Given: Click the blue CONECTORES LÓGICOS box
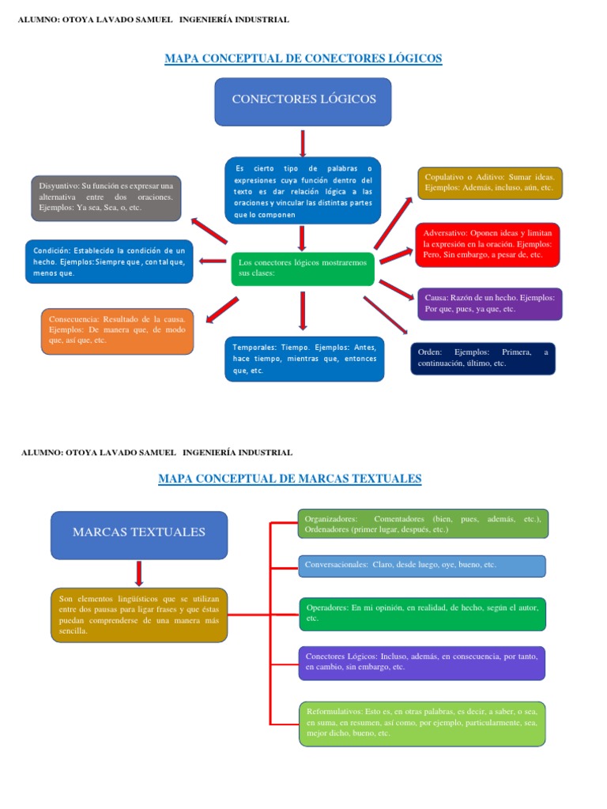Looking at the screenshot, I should (303, 101).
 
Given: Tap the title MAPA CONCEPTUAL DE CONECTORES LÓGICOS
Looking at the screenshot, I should (303, 58).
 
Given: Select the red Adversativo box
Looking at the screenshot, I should (487, 245).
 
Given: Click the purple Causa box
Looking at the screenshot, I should (488, 303).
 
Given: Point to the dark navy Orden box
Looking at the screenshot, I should (482, 358).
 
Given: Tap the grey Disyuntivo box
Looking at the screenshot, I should (107, 198).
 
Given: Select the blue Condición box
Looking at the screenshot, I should (109, 262).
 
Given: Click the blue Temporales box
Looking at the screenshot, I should (304, 359).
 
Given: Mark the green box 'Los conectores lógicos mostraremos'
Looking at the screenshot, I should (303, 269).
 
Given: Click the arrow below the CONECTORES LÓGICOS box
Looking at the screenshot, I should (303, 143).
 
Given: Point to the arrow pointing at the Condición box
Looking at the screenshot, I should (213, 262).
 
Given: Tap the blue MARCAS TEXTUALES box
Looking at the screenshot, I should (139, 534).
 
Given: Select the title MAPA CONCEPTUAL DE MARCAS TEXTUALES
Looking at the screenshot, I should (290, 479).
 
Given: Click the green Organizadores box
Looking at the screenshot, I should (423, 523).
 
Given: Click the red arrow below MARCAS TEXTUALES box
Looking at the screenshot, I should (139, 574).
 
